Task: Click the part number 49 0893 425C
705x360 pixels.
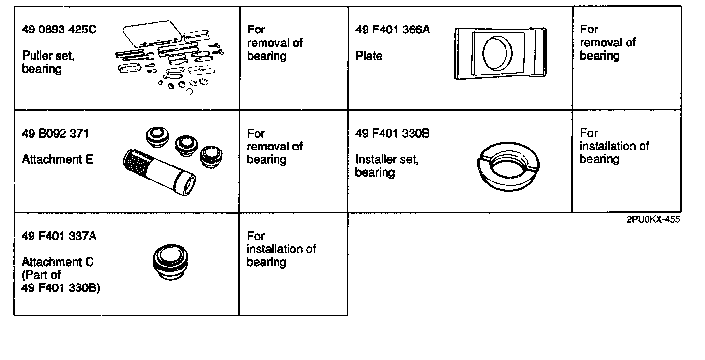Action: (x=59, y=30)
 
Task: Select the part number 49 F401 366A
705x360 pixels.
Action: (x=392, y=30)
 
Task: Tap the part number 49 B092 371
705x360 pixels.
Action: (x=55, y=134)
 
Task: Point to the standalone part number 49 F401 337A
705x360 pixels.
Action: (x=59, y=236)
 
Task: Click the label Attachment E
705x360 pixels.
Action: (x=58, y=159)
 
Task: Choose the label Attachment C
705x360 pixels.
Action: (x=58, y=262)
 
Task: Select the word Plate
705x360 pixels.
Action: (x=369, y=56)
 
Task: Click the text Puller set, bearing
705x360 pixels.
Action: (x=48, y=62)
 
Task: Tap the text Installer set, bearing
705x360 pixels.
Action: (x=386, y=165)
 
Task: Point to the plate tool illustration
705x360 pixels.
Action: (x=500, y=53)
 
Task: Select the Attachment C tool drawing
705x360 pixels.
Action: (x=170, y=263)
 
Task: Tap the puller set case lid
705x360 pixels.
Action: (x=152, y=32)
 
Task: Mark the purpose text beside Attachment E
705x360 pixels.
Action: (x=275, y=146)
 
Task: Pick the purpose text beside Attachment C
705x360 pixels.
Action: (x=281, y=249)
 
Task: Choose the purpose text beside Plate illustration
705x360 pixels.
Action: (x=608, y=43)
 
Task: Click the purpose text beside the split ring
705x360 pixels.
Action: (x=614, y=146)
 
